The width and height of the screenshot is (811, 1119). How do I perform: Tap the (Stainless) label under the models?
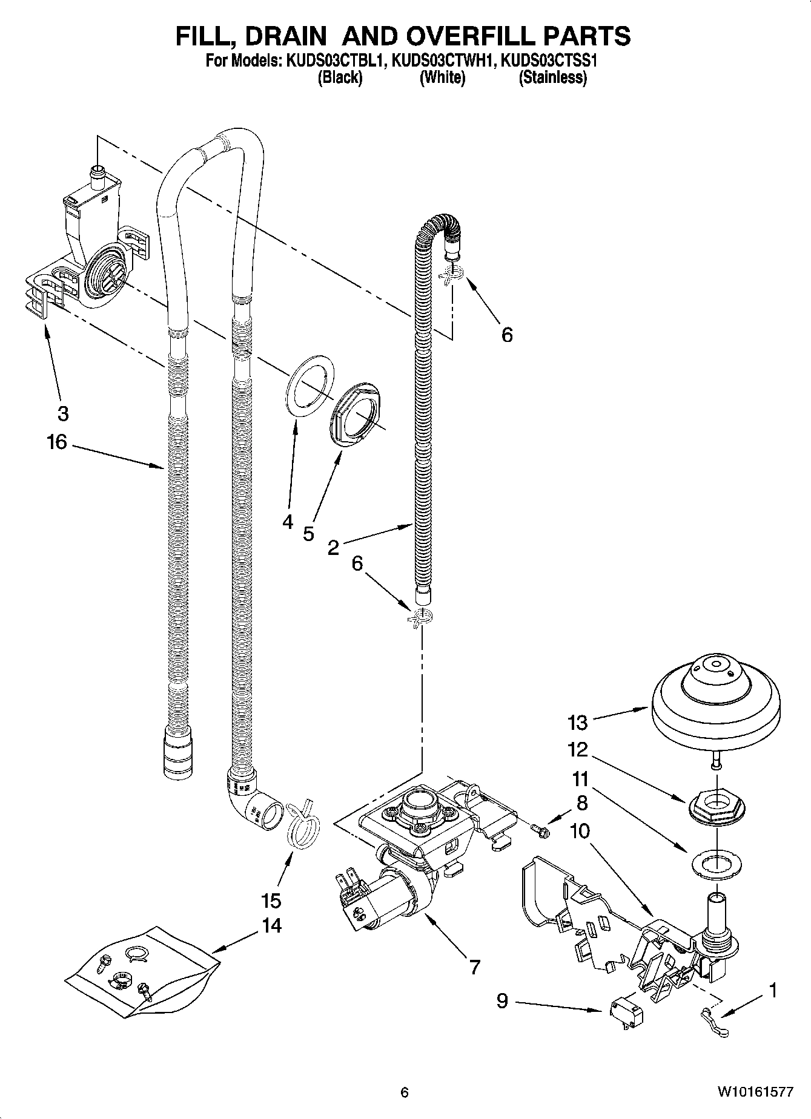(552, 77)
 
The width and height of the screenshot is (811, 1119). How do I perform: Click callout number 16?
(56, 442)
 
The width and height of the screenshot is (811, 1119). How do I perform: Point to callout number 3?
(62, 414)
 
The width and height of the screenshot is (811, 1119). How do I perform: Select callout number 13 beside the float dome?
(578, 722)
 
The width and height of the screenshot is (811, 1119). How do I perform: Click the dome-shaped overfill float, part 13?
(715, 702)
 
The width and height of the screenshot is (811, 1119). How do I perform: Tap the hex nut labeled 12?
(717, 807)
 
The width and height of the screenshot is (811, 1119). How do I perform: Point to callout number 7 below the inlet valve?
(474, 967)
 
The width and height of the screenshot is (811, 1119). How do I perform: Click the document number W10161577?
(755, 1092)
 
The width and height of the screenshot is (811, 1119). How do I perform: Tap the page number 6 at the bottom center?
(405, 1092)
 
